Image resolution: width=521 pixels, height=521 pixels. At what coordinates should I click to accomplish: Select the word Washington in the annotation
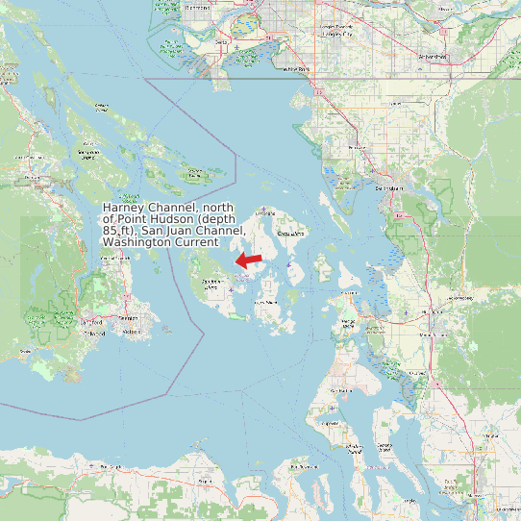(133, 242)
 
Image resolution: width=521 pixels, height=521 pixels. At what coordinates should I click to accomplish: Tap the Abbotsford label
(433, 57)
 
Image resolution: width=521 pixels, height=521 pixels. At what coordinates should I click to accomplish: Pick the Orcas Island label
(290, 234)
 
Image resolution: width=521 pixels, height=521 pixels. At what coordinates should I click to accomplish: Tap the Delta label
(222, 43)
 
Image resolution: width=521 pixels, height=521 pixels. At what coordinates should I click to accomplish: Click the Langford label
(92, 320)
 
